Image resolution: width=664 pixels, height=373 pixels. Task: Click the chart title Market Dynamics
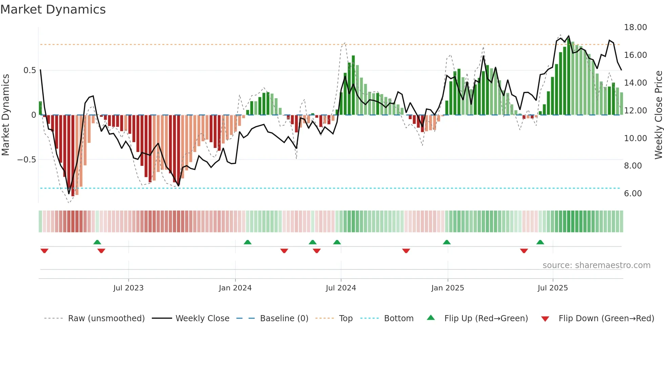click(x=53, y=9)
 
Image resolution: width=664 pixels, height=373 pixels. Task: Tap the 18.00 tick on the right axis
click(x=635, y=27)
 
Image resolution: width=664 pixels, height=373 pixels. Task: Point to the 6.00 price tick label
click(x=633, y=194)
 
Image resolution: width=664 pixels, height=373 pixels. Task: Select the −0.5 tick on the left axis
click(x=26, y=160)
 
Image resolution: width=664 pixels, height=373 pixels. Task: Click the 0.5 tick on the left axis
click(x=29, y=70)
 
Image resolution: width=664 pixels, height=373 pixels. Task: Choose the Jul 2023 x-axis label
click(x=128, y=288)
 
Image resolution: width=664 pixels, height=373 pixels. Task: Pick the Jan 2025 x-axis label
click(x=448, y=288)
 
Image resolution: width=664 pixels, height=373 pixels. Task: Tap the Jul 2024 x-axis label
click(x=341, y=288)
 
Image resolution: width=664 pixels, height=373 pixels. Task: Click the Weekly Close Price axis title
click(x=658, y=115)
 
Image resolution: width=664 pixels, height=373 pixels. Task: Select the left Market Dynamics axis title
click(x=5, y=115)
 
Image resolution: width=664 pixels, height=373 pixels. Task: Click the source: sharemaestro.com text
click(x=596, y=265)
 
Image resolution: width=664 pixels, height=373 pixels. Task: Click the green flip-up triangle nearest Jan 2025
click(x=447, y=242)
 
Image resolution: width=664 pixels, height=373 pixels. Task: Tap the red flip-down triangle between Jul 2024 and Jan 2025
click(x=406, y=251)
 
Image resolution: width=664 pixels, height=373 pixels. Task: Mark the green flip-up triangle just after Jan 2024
click(x=247, y=242)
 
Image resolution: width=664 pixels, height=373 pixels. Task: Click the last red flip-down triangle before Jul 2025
click(x=524, y=251)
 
